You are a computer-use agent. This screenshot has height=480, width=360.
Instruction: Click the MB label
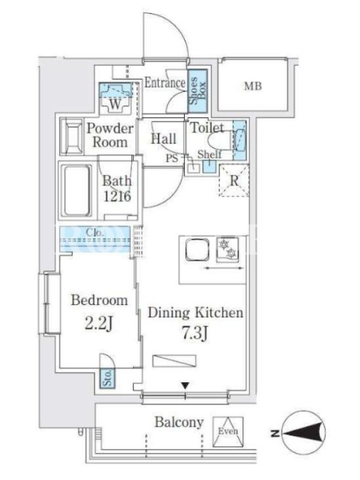(x=253, y=86)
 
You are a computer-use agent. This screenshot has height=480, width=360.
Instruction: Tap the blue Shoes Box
(x=197, y=91)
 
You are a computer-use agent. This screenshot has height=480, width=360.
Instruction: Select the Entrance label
(x=164, y=83)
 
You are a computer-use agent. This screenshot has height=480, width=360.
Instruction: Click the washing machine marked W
(x=115, y=98)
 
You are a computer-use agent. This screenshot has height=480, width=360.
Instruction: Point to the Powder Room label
(x=110, y=135)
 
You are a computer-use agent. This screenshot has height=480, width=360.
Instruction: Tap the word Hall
(x=163, y=139)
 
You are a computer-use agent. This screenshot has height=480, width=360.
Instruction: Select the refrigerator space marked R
(x=234, y=181)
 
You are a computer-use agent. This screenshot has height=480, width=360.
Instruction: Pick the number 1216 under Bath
(x=117, y=196)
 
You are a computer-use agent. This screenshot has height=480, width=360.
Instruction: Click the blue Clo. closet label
(x=95, y=233)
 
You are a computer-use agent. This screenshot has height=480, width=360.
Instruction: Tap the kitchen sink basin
(x=197, y=250)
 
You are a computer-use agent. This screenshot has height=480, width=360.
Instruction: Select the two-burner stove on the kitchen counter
(x=227, y=250)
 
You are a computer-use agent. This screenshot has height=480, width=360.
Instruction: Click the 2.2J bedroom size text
(x=99, y=323)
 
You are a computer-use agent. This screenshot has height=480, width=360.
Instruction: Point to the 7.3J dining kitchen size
(x=196, y=334)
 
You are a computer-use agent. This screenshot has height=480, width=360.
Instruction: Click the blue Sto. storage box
(x=107, y=378)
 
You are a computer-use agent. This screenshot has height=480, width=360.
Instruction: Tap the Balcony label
(x=179, y=422)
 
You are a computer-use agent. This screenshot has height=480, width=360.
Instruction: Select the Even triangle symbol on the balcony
(x=228, y=431)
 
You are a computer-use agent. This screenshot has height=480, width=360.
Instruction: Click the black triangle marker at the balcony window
(x=185, y=385)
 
